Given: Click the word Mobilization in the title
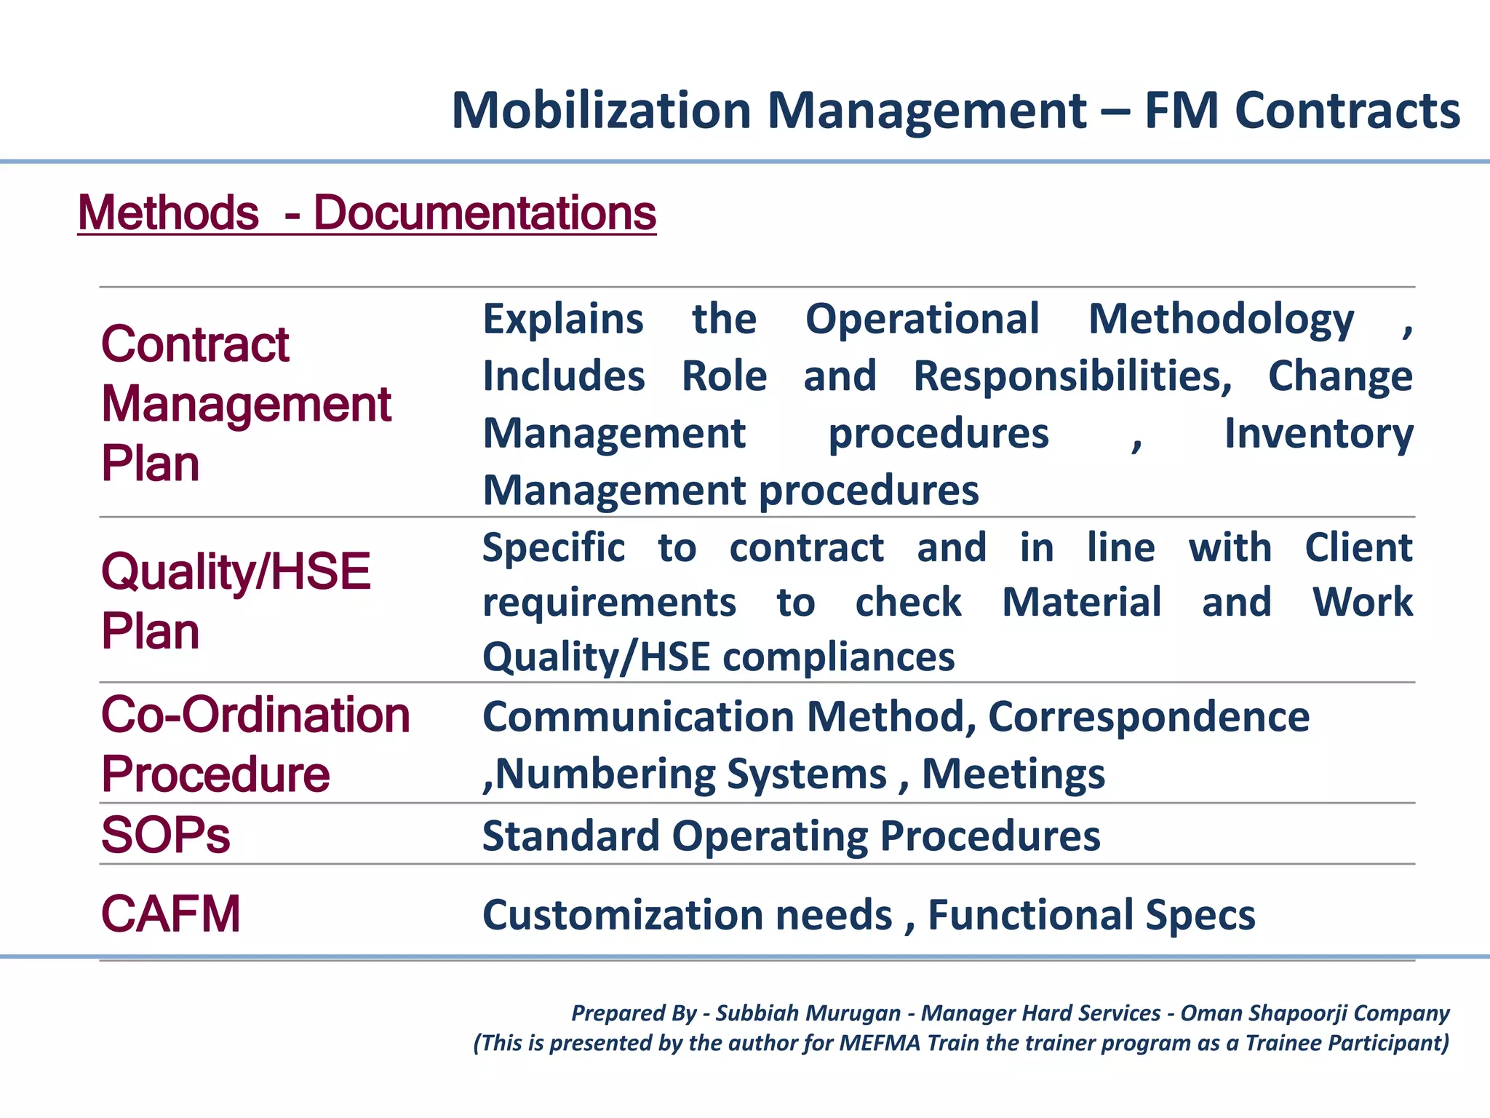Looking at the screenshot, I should [x=601, y=111].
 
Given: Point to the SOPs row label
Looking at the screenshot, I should [x=166, y=835].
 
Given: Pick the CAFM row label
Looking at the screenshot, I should [x=171, y=914].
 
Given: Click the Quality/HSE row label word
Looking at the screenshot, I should [x=236, y=571].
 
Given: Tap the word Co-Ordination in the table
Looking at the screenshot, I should [x=255, y=715].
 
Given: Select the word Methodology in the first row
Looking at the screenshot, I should [x=1221, y=319].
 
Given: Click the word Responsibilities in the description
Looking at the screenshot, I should [x=1072, y=376].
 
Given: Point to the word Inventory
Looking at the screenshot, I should [x=1318, y=434].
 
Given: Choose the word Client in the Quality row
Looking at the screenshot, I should [x=1358, y=547].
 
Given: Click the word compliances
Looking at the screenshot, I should [x=838, y=657].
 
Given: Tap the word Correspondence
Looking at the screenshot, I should [x=1149, y=717].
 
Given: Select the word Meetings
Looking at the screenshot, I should [x=1013, y=774].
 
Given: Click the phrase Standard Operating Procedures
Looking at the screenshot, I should [x=791, y=836].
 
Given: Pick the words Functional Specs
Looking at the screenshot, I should [x=1091, y=915].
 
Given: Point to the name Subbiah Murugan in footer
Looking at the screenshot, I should [x=808, y=1013].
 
